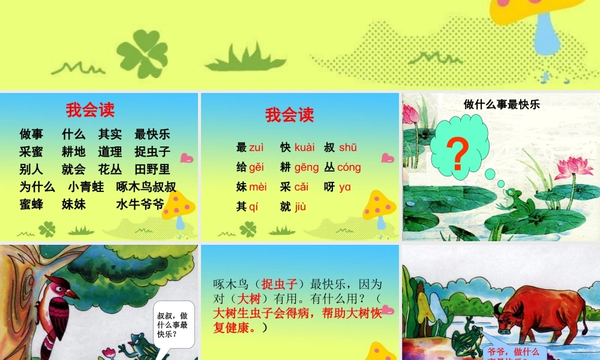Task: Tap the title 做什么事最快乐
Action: coord(502,104)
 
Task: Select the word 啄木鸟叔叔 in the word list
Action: coord(146,187)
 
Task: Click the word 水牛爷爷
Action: coord(140,204)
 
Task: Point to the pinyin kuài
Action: coord(305,147)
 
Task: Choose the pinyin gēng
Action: coord(307,167)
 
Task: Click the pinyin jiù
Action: coord(301,206)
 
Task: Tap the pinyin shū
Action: coord(348,147)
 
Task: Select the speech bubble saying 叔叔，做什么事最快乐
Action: coord(172,324)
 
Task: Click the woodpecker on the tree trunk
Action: coord(61,312)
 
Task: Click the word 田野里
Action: coord(152,169)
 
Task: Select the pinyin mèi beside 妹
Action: coord(258,187)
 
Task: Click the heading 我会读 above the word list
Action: coord(90,110)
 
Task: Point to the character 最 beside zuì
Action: coord(241,147)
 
